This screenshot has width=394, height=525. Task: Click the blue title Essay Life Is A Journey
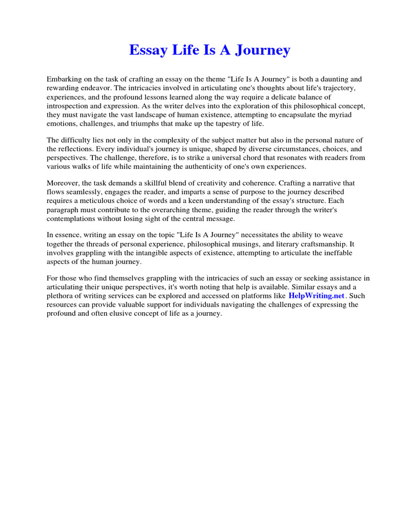[209, 50]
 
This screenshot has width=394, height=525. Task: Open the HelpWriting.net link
[317, 296]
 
